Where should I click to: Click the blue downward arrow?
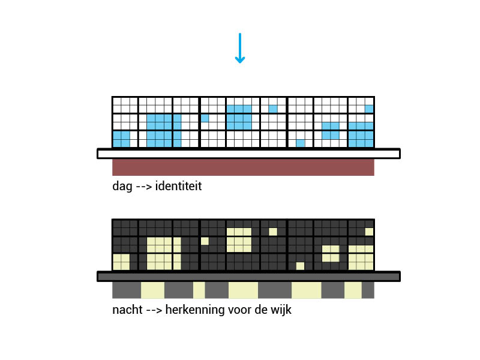239,48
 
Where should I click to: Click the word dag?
122,187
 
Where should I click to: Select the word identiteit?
178,186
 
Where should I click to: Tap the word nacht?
127,310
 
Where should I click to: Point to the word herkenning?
195,310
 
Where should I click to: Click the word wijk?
281,310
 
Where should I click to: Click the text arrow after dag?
144,187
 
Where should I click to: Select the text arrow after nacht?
154,310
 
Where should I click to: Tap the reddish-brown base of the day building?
243,167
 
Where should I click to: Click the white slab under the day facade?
248,154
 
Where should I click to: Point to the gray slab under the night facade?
248,277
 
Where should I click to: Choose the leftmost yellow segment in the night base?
152,290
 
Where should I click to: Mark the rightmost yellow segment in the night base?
353,290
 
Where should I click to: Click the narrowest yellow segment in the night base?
199,290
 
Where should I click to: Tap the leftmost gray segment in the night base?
127,290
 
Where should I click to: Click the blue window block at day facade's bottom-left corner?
121,139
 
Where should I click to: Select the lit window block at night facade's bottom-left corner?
121,262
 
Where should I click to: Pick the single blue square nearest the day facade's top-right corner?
369,109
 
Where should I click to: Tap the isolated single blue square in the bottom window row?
301,143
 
